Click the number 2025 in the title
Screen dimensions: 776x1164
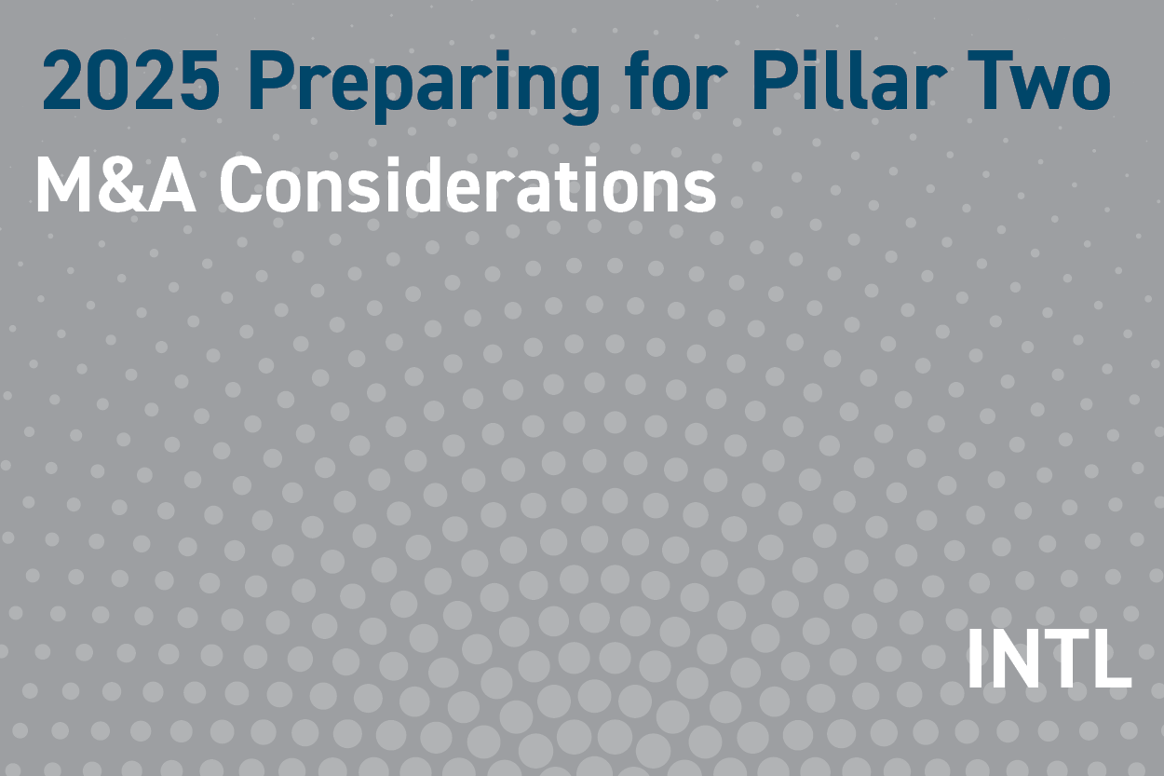(130, 82)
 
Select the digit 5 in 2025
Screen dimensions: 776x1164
(197, 82)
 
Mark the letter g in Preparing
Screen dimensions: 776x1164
(579, 91)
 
